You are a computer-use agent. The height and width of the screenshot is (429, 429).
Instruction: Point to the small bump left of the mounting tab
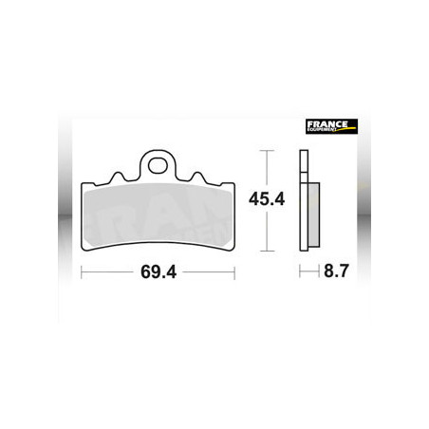(119, 177)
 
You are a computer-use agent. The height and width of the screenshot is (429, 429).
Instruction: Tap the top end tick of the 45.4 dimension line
(266, 152)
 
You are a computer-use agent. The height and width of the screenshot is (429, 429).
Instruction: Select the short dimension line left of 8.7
(306, 272)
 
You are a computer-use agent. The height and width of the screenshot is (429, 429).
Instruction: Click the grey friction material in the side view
(310, 211)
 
